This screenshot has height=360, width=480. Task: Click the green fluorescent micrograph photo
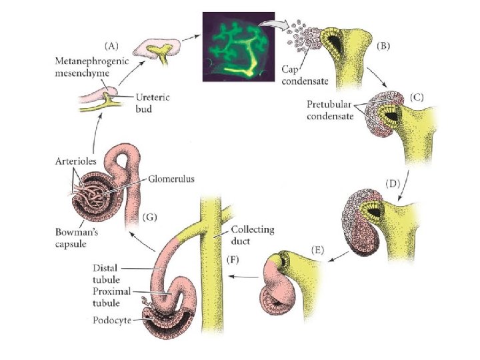[x=238, y=44]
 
